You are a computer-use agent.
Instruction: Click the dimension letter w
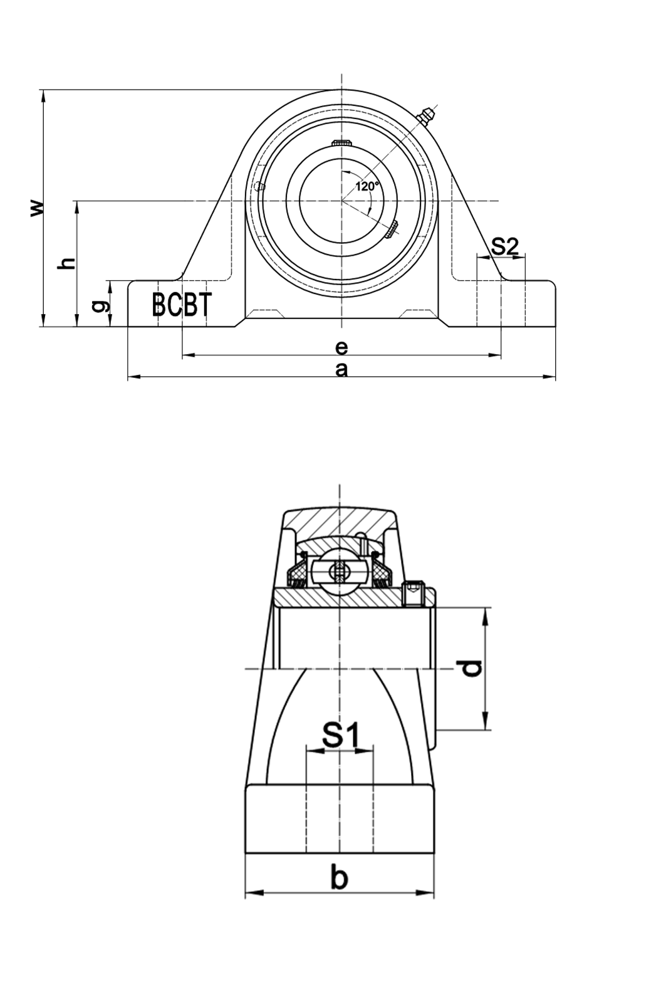[38, 208]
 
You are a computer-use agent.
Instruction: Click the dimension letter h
[66, 264]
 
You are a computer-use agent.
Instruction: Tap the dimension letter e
[341, 347]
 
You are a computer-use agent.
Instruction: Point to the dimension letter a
[341, 370]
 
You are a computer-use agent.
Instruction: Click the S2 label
[504, 247]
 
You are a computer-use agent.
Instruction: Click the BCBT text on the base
[181, 305]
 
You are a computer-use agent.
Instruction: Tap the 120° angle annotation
[367, 186]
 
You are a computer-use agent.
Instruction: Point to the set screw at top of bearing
[341, 144]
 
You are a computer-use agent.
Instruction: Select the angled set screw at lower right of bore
[392, 229]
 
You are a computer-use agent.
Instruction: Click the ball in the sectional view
[340, 572]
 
